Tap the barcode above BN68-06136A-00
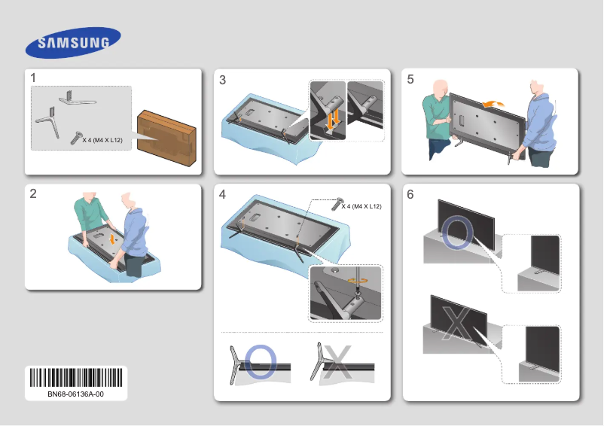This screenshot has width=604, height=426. pos(78,377)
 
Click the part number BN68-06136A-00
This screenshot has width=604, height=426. pos(78,394)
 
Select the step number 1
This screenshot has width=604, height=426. pos(34,78)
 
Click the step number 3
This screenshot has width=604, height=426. pos(222,81)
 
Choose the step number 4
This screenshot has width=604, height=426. pos(222,195)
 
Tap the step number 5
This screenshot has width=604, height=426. pos(410,79)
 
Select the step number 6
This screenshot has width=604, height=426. pos(410,195)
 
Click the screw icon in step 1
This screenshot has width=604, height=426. pos(76,136)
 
